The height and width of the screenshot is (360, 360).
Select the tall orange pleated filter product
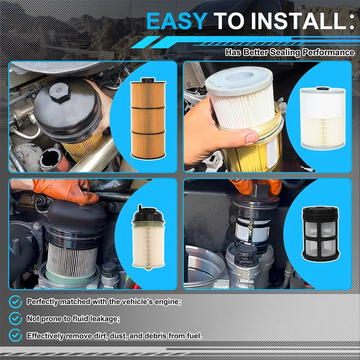pos(148,118)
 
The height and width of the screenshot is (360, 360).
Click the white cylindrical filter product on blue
pos(322,118)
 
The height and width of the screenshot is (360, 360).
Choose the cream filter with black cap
pos(148,238)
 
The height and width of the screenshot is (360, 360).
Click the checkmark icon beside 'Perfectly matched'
pos(15,301)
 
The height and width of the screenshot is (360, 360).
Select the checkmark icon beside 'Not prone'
pos(15,318)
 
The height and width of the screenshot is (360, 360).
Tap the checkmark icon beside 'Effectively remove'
pos(15,335)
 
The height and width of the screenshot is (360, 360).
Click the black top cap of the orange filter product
pos(148,80)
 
